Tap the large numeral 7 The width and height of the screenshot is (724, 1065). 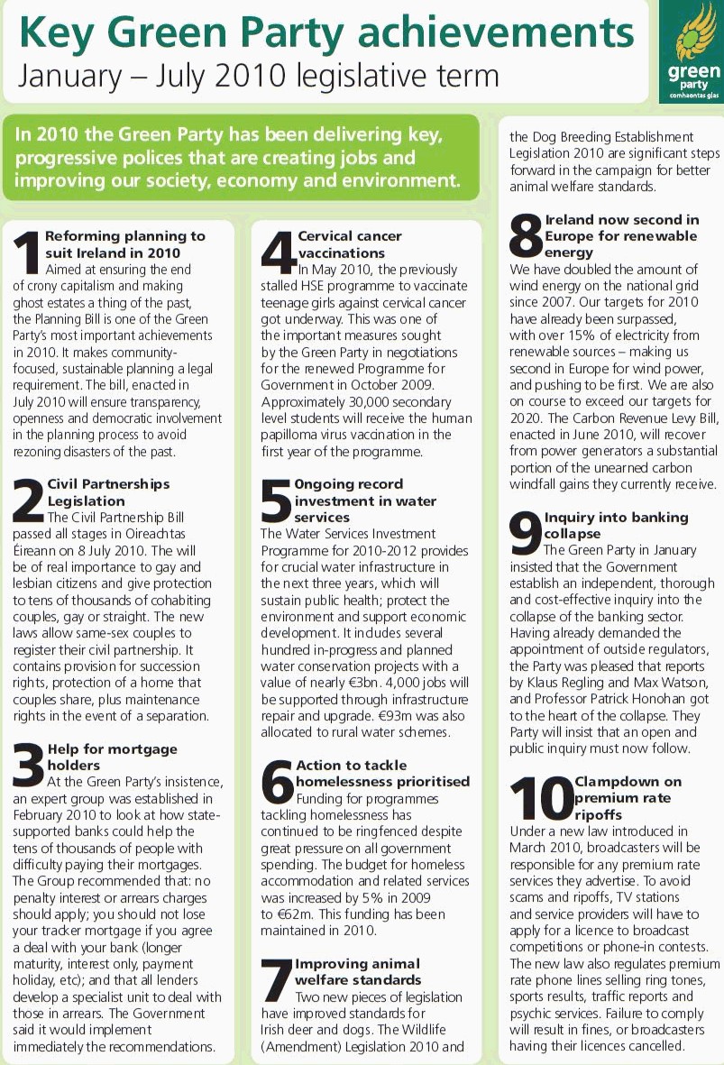click(276, 977)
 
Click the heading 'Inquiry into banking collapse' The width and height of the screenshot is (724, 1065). click(616, 526)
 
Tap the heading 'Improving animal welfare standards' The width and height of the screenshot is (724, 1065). click(358, 971)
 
